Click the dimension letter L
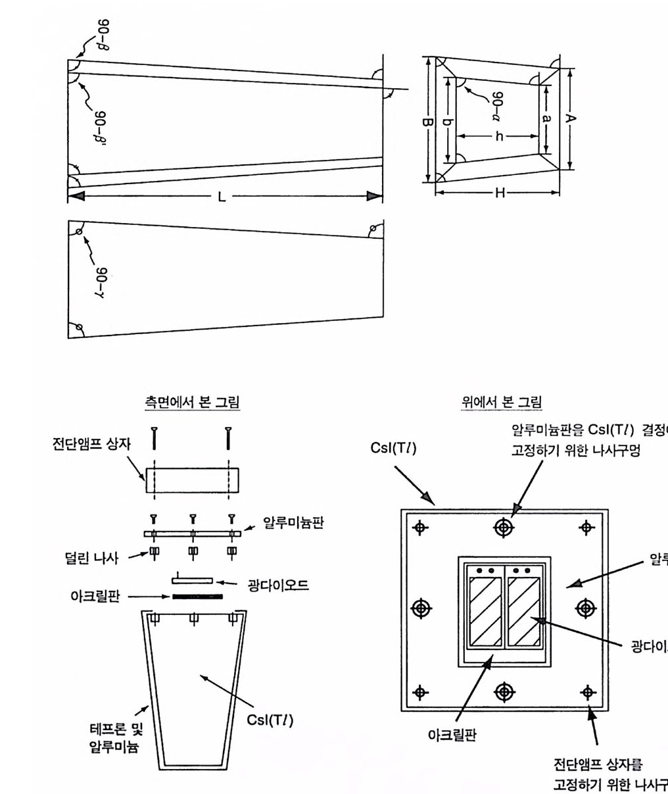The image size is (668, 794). pos(222,197)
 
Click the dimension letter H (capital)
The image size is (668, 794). pos(500,192)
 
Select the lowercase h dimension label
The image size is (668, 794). pos(499,136)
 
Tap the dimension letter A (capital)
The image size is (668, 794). pos(571,118)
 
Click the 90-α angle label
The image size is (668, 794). pos(498,104)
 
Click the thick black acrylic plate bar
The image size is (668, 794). pos(197,597)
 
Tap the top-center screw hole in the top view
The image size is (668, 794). pos(504,527)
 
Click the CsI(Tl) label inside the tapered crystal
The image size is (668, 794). pos(270,720)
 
